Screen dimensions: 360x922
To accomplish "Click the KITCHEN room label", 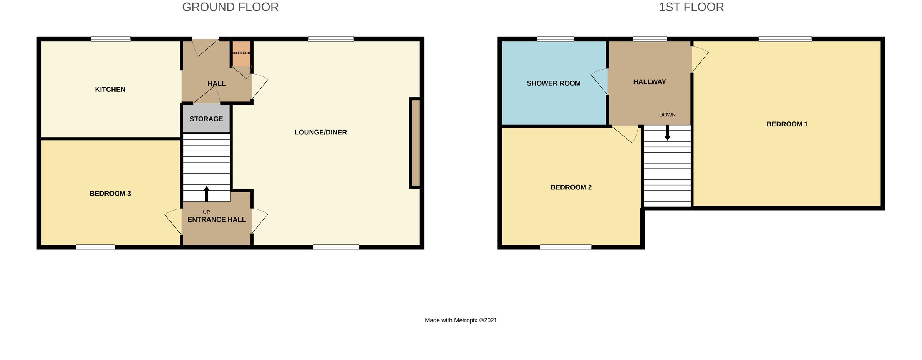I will (110, 90).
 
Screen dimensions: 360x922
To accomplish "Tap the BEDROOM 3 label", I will (110, 194).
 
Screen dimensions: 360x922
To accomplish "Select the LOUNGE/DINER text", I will (320, 133).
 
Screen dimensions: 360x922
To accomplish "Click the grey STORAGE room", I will (206, 119).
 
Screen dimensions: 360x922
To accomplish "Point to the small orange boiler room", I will (241, 54).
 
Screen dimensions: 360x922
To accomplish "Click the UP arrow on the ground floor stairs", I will (206, 194).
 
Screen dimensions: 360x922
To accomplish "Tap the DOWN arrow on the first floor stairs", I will (667, 133).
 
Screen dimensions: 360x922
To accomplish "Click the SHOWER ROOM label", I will (553, 83).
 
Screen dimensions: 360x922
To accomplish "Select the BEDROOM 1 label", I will (787, 124).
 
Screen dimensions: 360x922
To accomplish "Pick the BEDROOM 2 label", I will (571, 187).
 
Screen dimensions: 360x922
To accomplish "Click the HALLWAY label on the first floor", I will (649, 82).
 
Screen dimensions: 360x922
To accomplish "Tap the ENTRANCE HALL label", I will (217, 220).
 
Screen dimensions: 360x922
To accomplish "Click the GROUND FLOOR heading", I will (230, 7).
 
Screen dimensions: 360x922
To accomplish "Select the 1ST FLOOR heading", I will (691, 7).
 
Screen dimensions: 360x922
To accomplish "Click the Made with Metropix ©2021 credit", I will (461, 320).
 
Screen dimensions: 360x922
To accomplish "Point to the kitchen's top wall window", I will (111, 39).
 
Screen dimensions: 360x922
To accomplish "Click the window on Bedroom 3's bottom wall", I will (95, 247).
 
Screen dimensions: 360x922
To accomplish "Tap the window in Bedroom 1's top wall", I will (785, 39).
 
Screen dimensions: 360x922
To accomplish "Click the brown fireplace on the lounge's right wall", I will (415, 143).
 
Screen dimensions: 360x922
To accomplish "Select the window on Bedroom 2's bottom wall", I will (565, 247).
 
